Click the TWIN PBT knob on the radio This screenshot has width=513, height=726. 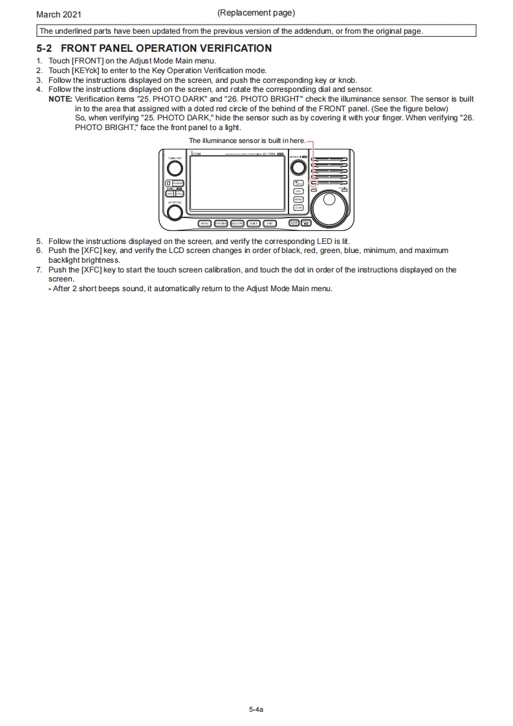(175, 168)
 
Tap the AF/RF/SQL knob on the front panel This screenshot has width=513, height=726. (175, 212)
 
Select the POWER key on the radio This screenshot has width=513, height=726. (178, 184)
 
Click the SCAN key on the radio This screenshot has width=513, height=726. (298, 208)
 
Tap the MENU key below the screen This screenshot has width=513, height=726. (205, 223)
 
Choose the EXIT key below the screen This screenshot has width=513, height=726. (270, 223)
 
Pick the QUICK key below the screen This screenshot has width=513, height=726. (254, 223)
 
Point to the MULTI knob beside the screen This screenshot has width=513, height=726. (298, 167)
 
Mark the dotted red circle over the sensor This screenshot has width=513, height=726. (313, 183)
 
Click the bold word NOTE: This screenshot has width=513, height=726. (60, 99)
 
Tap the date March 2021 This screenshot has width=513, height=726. (59, 14)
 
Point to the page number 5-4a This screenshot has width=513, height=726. (256, 710)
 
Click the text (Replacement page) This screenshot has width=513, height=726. (256, 12)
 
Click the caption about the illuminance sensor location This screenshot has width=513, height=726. (246, 140)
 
